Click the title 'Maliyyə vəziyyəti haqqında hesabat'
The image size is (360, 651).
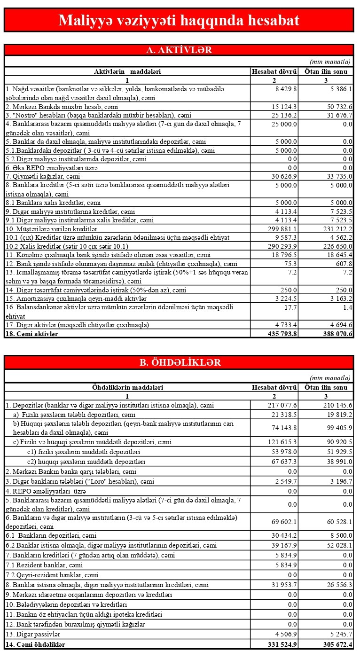[x=179, y=21]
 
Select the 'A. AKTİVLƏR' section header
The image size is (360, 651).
[x=179, y=50]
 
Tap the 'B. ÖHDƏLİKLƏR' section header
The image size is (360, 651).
[x=179, y=362]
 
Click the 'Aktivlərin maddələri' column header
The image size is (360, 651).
[x=127, y=71]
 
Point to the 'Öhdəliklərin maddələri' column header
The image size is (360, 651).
[x=127, y=387]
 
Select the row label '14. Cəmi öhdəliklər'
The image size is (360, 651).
[x=35, y=643]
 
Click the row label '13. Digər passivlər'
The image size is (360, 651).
[x=33, y=634]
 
